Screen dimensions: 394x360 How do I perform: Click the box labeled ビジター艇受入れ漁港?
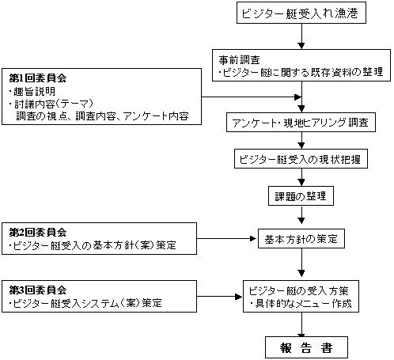[301, 13]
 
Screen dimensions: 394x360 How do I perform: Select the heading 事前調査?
[240, 60]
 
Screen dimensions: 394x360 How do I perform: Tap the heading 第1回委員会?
[38, 78]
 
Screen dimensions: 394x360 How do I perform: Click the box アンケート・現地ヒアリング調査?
[301, 123]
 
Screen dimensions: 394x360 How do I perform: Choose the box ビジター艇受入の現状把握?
[301, 159]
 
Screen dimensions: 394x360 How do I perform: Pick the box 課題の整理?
[301, 196]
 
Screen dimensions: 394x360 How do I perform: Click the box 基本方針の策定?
[301, 239]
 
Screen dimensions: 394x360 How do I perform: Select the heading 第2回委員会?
[38, 232]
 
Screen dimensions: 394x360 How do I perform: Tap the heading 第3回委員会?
[38, 290]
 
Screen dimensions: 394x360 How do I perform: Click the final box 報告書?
[306, 347]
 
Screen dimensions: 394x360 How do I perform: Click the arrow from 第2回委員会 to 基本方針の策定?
[226, 239]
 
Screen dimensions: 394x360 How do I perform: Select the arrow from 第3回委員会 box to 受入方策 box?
[219, 297]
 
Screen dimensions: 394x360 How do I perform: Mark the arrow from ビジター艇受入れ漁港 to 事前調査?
[301, 36]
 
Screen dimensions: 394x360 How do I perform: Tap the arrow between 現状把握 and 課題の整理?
[301, 177]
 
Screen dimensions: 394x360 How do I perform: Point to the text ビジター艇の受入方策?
[299, 290]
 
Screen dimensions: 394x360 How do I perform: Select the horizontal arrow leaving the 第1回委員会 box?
[252, 97]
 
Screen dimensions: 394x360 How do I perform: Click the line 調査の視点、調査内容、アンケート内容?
[102, 116]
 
